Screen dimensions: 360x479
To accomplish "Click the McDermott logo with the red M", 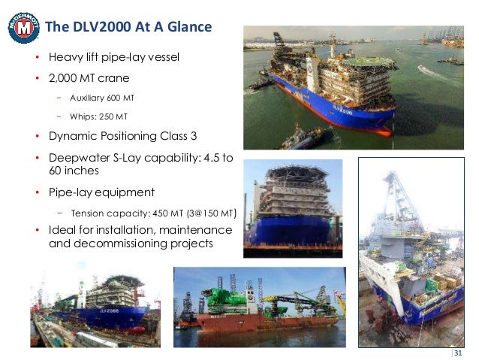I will [23, 28].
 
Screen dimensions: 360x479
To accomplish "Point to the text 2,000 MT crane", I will [89, 79].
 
